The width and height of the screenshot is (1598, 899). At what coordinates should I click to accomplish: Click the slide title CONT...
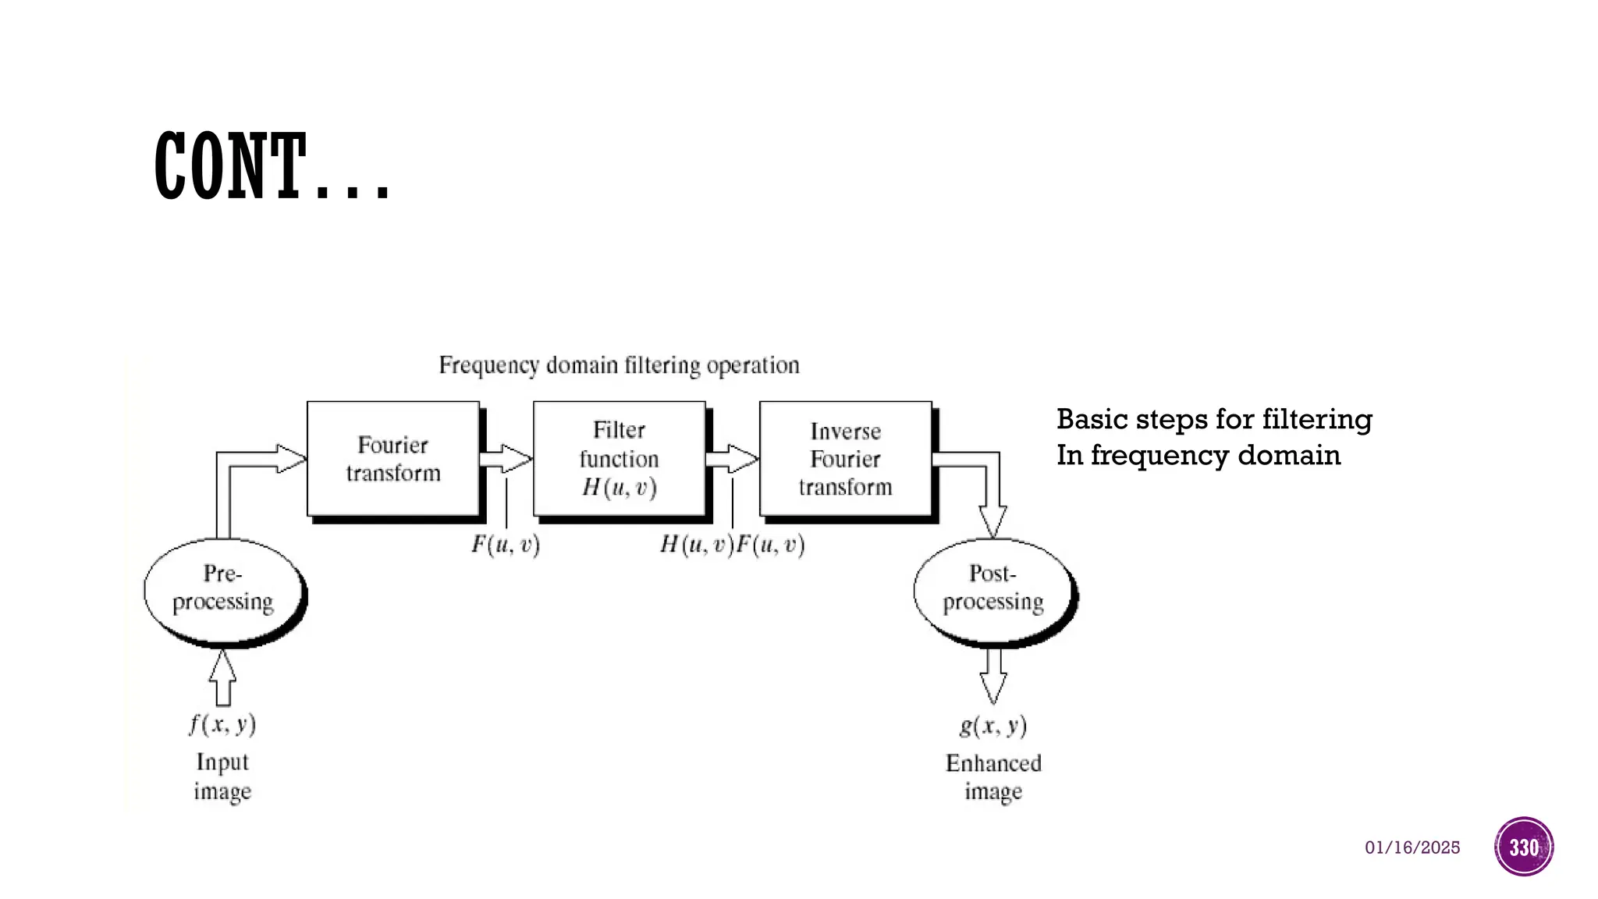tap(271, 166)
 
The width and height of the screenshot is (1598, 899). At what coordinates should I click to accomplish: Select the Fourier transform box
tap(392, 459)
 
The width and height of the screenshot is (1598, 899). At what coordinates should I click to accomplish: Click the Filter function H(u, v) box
tap(619, 459)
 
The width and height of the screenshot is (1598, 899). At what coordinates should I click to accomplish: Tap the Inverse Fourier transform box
tap(845, 459)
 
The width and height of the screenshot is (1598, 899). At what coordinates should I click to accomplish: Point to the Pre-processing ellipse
tap(224, 592)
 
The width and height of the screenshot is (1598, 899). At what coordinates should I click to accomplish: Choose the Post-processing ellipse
tap(993, 591)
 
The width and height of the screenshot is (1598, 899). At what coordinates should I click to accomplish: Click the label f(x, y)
tap(222, 724)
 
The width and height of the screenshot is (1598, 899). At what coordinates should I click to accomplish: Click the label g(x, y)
tap(993, 726)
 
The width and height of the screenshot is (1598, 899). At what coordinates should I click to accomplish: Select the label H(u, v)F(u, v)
tap(732, 544)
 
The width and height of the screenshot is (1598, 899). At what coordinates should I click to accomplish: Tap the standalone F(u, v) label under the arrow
tap(506, 544)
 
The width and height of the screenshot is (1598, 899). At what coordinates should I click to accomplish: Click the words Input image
tap(222, 776)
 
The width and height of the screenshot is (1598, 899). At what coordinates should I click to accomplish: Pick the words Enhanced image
tap(993, 777)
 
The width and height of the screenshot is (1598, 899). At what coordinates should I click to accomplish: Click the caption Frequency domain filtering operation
tap(619, 365)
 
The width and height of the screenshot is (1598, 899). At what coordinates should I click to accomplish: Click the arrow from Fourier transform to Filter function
tap(506, 459)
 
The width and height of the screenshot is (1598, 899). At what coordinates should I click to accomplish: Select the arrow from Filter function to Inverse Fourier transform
tap(732, 459)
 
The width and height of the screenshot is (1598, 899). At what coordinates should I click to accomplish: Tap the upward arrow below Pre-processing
tap(223, 677)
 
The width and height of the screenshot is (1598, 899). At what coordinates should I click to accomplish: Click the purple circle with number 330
tap(1524, 847)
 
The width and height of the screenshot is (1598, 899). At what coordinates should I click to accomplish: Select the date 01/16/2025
tap(1412, 847)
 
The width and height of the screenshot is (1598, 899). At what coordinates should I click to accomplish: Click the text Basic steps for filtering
tap(1214, 420)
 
